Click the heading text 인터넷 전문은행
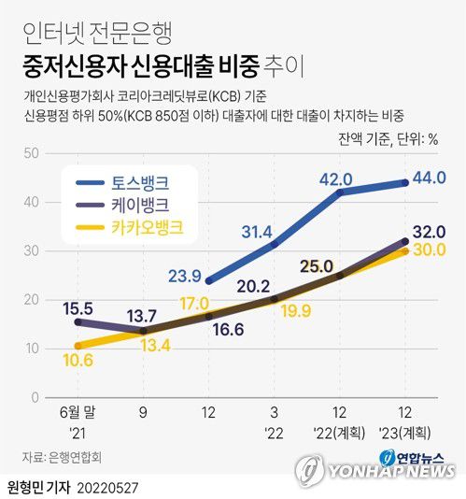tap(89, 35)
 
